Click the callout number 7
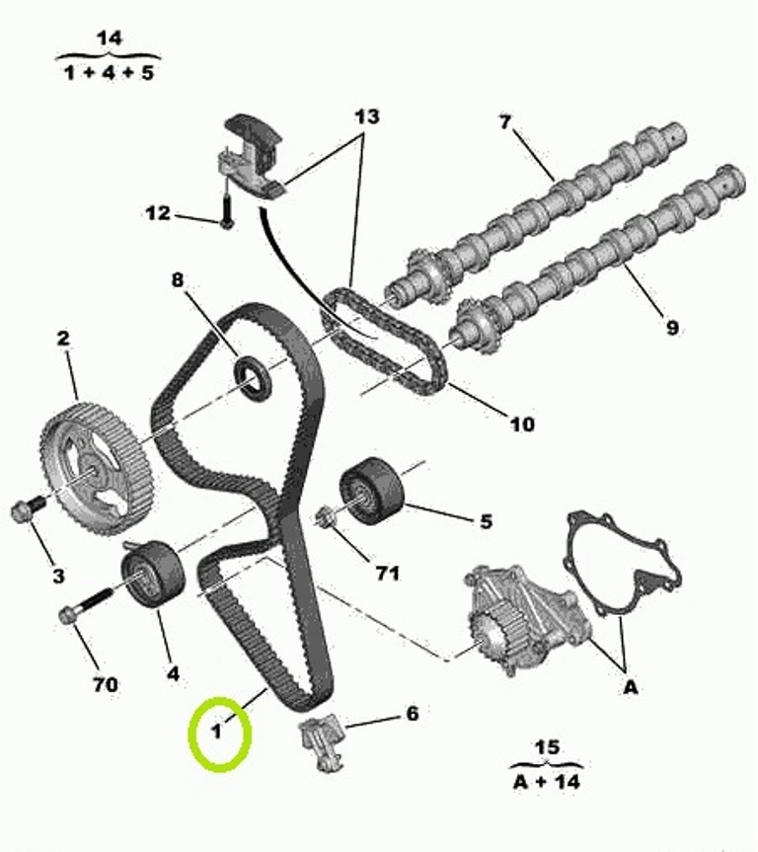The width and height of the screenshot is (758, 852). coord(505,122)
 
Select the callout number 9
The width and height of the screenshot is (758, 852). coord(671,327)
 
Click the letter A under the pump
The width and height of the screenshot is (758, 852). coord(630,688)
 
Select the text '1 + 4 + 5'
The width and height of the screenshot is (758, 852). coord(110,72)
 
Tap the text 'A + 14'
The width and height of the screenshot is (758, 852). coord(547,781)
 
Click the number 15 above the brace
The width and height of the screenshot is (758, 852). coord(546,747)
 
